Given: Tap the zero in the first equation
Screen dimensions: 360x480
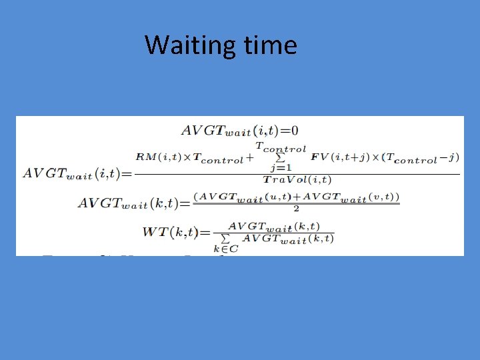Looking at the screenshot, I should click(x=294, y=131).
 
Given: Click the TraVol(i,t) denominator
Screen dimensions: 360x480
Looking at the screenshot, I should click(x=297, y=180).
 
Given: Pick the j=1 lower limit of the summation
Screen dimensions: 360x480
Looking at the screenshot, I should click(x=280, y=169).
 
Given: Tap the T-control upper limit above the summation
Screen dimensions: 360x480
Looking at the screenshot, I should click(x=281, y=149).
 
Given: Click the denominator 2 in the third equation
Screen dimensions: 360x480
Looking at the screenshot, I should click(x=295, y=208).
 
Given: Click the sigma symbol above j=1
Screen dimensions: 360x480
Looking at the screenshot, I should click(x=280, y=159).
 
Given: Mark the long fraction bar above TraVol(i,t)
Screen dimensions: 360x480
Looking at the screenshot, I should click(x=297, y=173).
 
